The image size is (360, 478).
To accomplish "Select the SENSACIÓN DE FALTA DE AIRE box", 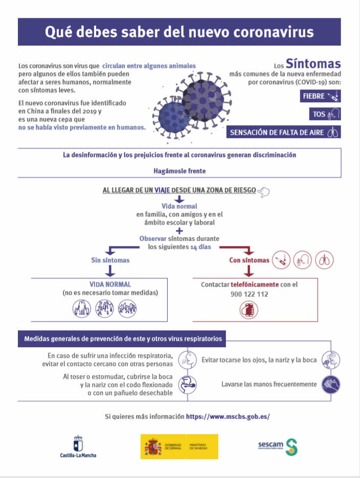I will pos(284,132).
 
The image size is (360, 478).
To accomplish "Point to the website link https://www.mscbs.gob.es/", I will pos(228,416).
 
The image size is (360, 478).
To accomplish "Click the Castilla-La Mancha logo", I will pos(78,446).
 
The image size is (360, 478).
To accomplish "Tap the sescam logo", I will pos(277,446).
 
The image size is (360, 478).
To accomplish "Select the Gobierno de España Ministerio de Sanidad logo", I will pos(179,446).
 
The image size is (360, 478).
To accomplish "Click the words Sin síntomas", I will pos(110,260).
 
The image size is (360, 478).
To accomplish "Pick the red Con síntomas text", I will pos(249,260).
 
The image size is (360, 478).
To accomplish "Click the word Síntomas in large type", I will pos(312,64).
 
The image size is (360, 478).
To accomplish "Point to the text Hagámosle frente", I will pos(179,171).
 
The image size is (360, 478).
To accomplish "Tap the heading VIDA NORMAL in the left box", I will pos(110,284).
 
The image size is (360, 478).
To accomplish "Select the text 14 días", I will pos(200,247).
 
